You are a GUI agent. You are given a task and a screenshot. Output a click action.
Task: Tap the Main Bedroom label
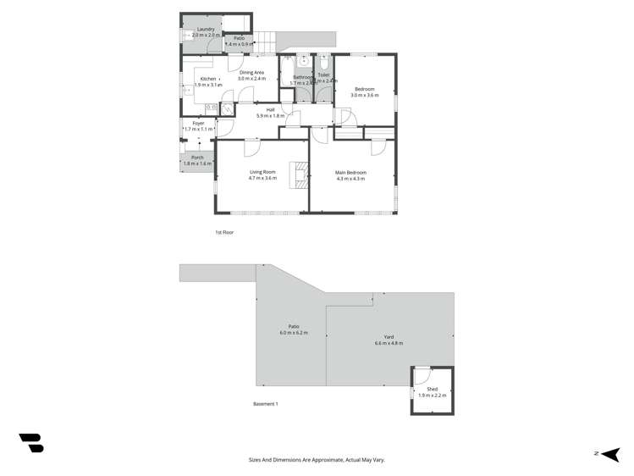[x=350, y=173]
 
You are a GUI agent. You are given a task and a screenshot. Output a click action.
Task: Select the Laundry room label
[x=206, y=30]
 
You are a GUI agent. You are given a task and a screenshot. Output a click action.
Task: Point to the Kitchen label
[x=208, y=79]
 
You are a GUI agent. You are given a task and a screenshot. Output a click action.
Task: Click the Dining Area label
[x=251, y=73]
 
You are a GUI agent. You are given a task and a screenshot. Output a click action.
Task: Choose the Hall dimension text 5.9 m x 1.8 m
[x=270, y=115]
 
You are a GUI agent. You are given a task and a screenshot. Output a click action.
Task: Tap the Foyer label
[x=198, y=124]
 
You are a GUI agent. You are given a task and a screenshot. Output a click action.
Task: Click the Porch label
[x=197, y=158]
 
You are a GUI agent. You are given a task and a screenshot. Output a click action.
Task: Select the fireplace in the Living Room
[x=298, y=174]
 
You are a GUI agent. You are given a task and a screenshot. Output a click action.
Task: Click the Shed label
[x=432, y=390]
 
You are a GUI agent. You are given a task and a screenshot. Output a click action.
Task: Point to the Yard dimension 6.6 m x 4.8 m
[x=389, y=343]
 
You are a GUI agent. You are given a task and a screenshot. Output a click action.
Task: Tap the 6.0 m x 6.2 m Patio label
[x=294, y=333]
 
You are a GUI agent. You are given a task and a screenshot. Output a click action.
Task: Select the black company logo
[x=31, y=442]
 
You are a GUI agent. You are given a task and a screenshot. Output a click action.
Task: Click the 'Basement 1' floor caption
[x=266, y=404]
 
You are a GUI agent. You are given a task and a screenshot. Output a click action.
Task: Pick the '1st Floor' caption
[x=223, y=231]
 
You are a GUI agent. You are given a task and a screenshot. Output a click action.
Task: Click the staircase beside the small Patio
[x=267, y=39]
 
